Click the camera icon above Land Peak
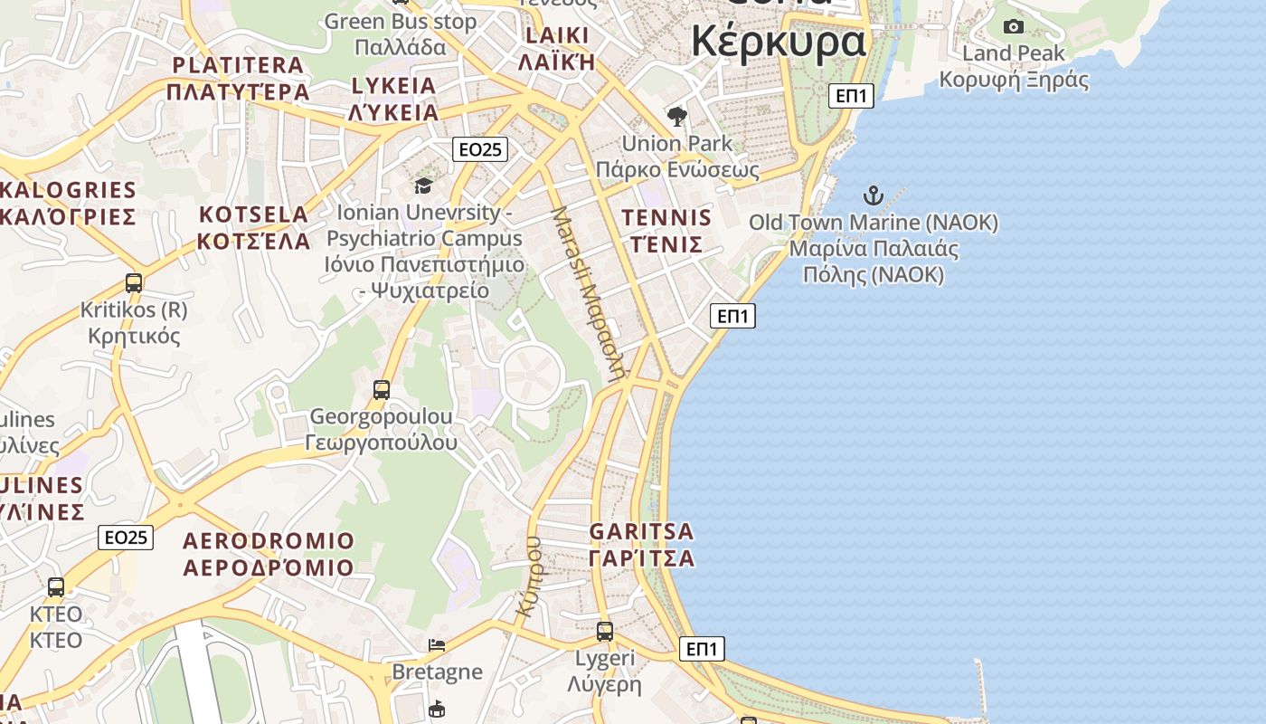1014,26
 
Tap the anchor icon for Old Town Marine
873,195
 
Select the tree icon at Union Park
676,116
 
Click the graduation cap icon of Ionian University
423,186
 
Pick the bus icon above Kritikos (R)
134,282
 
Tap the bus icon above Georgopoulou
382,390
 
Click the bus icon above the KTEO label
56,587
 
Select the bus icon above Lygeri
605,631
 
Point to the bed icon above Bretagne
437,645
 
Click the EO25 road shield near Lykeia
480,149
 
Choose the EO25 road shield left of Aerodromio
126,538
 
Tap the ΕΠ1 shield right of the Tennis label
732,316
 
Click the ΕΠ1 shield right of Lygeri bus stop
702,649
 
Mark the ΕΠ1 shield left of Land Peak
852,95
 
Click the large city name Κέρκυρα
779,41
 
